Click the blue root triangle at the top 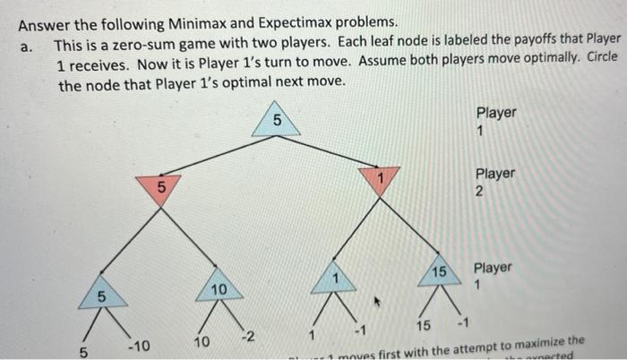276,120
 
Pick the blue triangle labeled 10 217,288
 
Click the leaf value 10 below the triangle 202,342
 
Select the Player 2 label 495,181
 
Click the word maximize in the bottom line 535,341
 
